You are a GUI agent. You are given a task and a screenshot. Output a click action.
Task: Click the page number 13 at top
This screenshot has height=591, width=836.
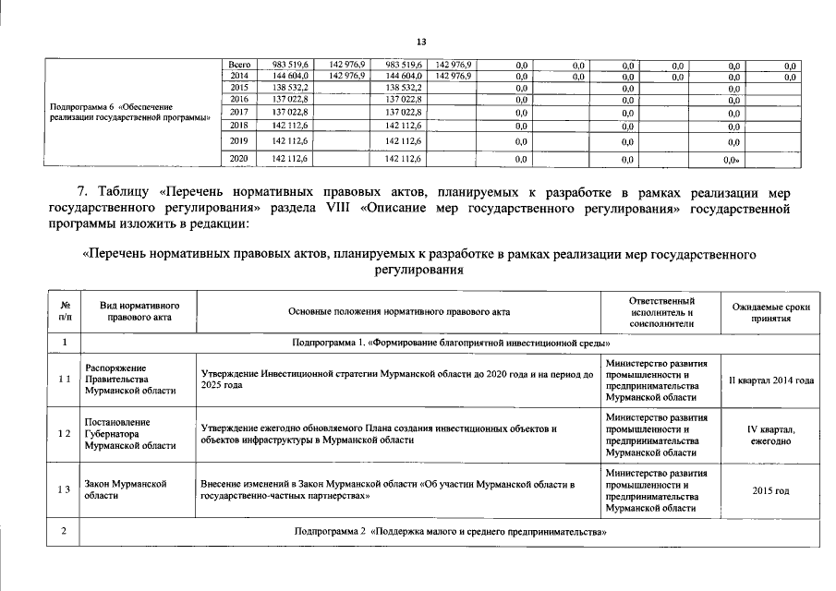pyautogui.click(x=421, y=42)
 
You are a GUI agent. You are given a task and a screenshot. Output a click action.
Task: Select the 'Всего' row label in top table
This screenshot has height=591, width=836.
pyautogui.click(x=239, y=65)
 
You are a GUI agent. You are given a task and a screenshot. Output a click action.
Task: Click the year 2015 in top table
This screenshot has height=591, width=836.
pyautogui.click(x=239, y=87)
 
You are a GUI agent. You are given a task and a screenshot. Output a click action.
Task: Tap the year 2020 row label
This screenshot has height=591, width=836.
pyautogui.click(x=239, y=159)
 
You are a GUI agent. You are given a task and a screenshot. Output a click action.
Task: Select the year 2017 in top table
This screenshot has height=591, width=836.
pyautogui.click(x=239, y=111)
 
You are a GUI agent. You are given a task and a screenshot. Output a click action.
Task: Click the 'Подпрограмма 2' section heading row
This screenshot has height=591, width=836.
pyautogui.click(x=450, y=533)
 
